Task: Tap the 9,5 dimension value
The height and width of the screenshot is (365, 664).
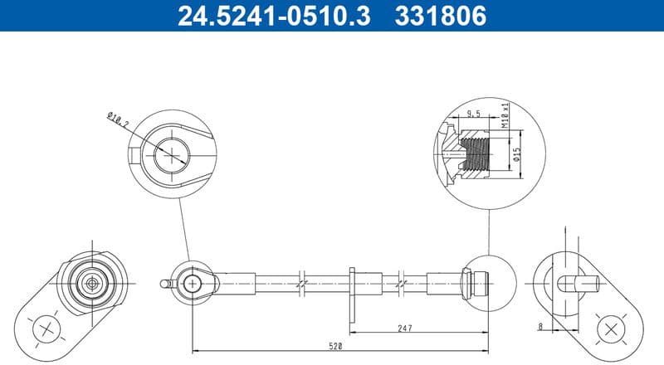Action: click(474, 113)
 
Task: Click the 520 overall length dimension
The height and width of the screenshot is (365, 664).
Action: click(335, 343)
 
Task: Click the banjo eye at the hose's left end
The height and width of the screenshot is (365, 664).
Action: click(193, 283)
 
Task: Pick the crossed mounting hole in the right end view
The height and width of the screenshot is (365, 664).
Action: click(613, 328)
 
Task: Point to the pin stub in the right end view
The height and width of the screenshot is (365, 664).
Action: click(581, 283)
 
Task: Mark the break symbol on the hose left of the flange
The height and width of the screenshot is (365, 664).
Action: click(304, 283)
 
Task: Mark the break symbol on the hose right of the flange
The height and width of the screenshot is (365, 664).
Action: click(403, 283)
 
